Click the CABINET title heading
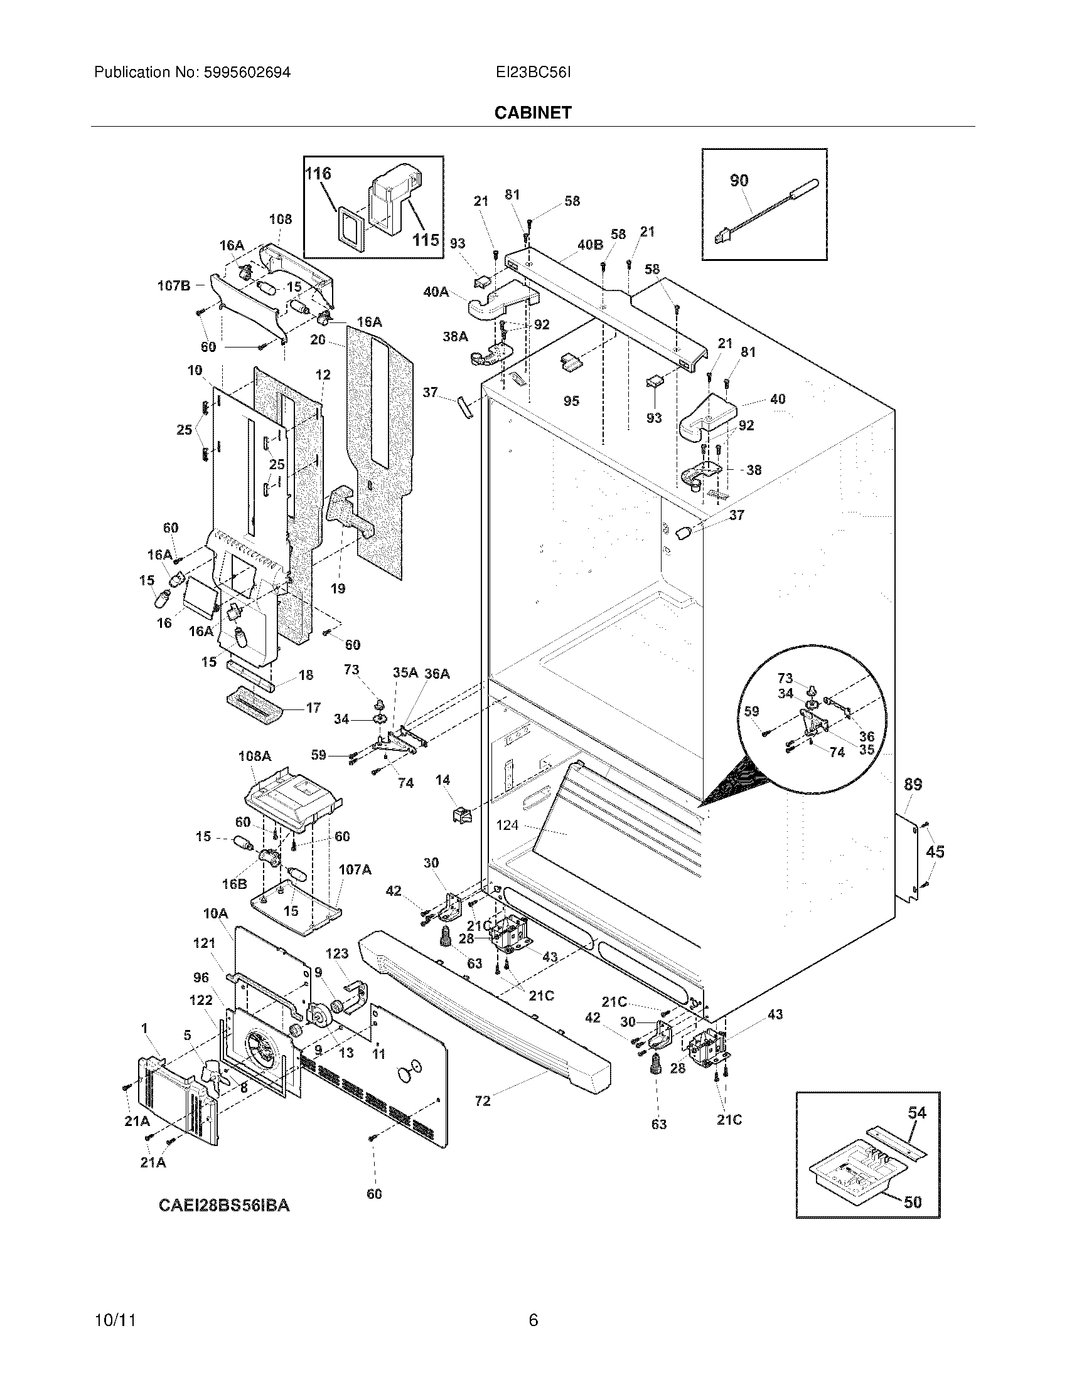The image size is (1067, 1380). coord(533,112)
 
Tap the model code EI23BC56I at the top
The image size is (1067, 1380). coord(533,73)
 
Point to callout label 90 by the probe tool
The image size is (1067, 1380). coord(739,181)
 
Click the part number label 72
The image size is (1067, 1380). coord(482,1101)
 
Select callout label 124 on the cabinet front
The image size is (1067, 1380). coord(507,825)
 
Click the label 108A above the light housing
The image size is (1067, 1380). coord(255,756)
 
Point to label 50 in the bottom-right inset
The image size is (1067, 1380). coord(913,1202)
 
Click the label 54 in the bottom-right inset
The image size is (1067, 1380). coord(916,1113)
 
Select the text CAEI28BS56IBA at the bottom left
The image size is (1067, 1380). coord(224,1206)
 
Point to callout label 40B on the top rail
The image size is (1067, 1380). coord(590,245)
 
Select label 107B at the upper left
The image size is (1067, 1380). coord(173,285)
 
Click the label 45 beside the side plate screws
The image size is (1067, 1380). coord(935,852)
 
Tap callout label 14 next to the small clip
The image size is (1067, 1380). coord(442,780)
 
